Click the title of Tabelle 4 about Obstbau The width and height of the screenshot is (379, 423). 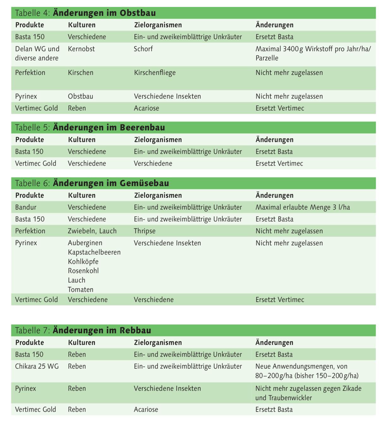pyautogui.click(x=85, y=13)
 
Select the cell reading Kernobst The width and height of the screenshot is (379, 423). pyautogui.click(x=81, y=49)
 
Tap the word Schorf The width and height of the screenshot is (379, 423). pyautogui.click(x=143, y=49)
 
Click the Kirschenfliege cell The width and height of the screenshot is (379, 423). pyautogui.click(x=154, y=73)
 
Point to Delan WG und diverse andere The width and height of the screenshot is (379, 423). pyautogui.click(x=37, y=53)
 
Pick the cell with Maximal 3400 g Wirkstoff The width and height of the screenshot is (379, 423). pyautogui.click(x=313, y=53)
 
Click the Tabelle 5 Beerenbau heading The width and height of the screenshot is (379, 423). pyautogui.click(x=90, y=128)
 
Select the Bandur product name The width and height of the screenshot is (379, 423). pyautogui.click(x=26, y=208)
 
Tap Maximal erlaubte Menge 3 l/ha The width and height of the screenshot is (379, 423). pyautogui.click(x=303, y=208)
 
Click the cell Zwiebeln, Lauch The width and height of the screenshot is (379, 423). pyautogui.click(x=92, y=231)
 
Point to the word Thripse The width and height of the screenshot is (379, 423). pyautogui.click(x=144, y=231)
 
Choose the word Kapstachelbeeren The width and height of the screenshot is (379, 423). pyautogui.click(x=94, y=252)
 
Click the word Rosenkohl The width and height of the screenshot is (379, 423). pyautogui.click(x=83, y=271)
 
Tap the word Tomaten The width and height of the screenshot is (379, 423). pyautogui.click(x=80, y=290)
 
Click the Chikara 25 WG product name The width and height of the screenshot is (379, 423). pyautogui.click(x=37, y=366)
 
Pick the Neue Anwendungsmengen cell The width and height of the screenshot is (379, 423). pyautogui.click(x=307, y=371)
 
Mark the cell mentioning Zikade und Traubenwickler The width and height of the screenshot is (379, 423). pyautogui.click(x=308, y=393)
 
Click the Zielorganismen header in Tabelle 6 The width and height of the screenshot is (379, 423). pyautogui.click(x=158, y=196)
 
